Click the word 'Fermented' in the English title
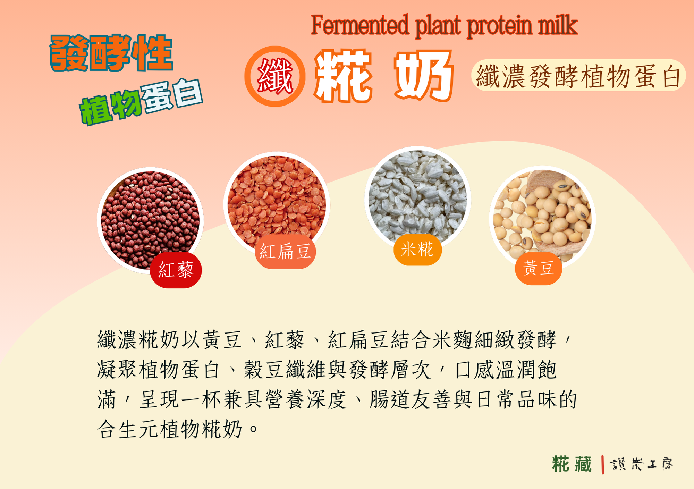click(x=359, y=25)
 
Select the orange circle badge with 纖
click(x=275, y=76)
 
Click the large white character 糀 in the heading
click(x=343, y=76)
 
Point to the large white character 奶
click(x=424, y=76)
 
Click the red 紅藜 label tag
click(x=176, y=270)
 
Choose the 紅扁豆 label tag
click(x=285, y=252)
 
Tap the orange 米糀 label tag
click(x=417, y=250)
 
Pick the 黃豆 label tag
click(x=539, y=268)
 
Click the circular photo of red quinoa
click(x=150, y=220)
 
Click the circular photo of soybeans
click(x=542, y=219)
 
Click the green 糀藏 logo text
click(x=572, y=464)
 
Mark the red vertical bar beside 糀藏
click(x=603, y=465)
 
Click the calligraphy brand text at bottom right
click(x=641, y=464)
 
